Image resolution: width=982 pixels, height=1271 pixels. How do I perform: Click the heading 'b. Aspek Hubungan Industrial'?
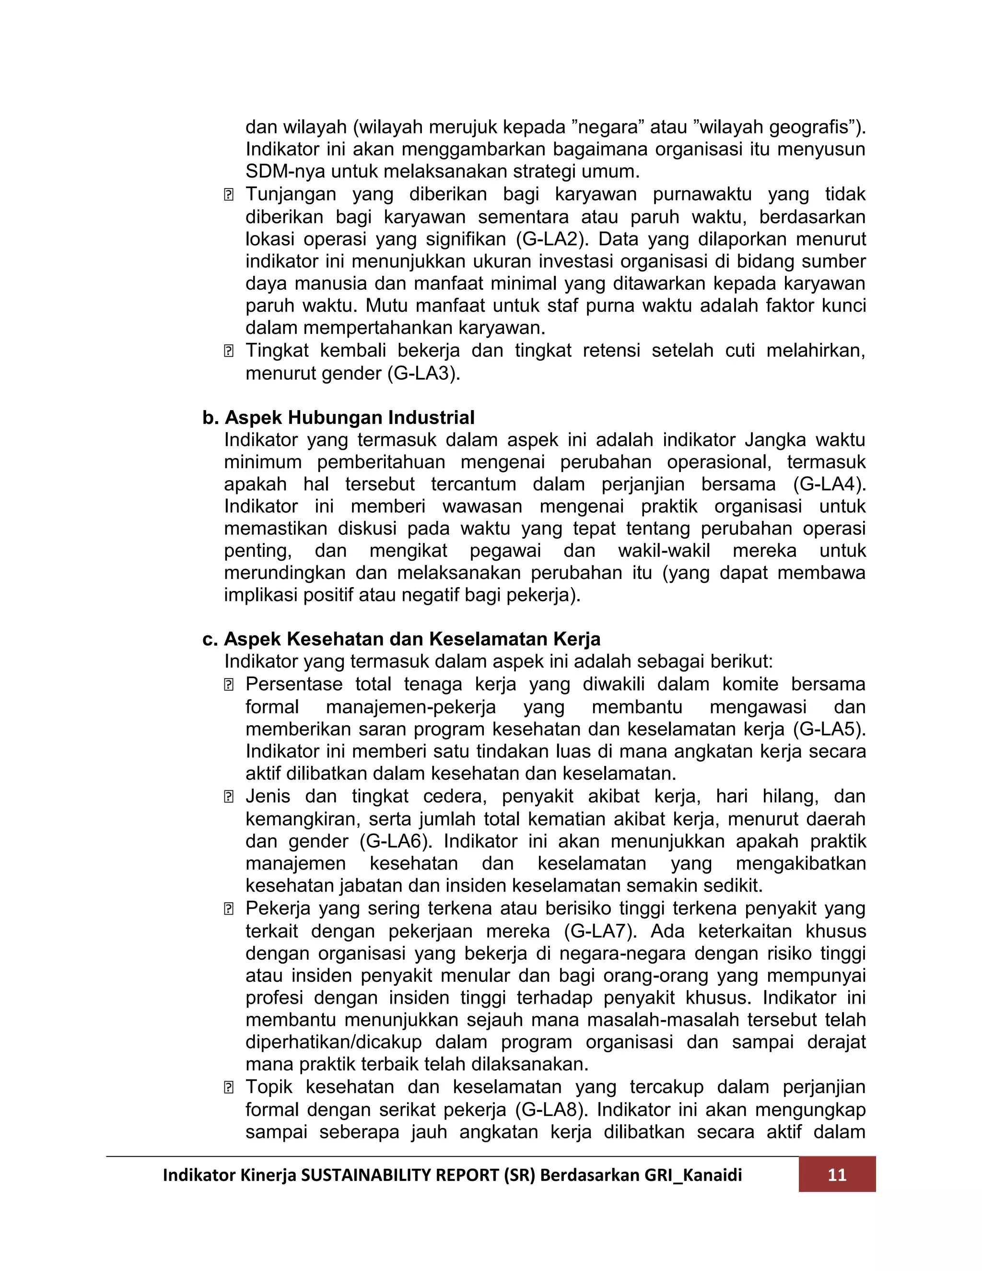coord(339,417)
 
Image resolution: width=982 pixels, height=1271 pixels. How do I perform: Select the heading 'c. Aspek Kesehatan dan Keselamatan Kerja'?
coord(401,639)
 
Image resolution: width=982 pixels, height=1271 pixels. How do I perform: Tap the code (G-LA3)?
coord(423,373)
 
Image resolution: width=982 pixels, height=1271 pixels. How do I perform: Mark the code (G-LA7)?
coord(600,931)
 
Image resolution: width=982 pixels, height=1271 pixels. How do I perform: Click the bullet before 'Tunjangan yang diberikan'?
coord(229,195)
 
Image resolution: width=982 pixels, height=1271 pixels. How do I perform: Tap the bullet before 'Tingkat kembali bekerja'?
coord(229,352)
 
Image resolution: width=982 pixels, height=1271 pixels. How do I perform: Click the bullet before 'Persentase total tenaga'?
coord(229,685)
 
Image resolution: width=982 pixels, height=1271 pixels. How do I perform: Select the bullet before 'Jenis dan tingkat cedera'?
coord(229,797)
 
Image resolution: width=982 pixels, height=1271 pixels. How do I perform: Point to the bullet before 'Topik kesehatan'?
coord(229,1088)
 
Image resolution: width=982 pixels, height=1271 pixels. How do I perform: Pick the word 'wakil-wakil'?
coord(664,551)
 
